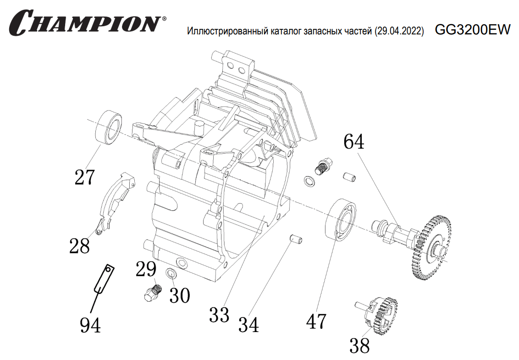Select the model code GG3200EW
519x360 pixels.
click(x=472, y=30)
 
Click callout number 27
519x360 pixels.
click(x=85, y=177)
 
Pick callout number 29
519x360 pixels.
click(x=146, y=270)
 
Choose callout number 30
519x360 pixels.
click(x=179, y=295)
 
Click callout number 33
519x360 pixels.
click(x=219, y=315)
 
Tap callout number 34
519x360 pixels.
click(x=248, y=324)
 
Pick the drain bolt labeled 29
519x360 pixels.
click(x=152, y=293)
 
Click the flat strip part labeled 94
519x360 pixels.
click(x=104, y=279)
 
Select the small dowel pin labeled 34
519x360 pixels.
click(x=297, y=239)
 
